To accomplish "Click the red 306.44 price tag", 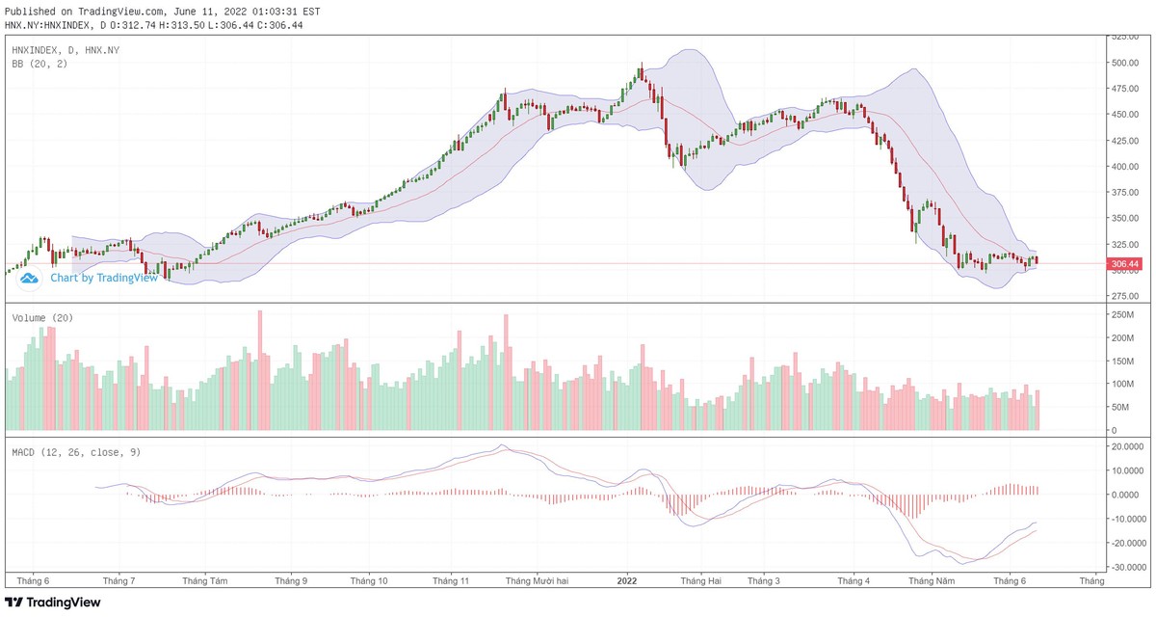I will tap(1124, 264).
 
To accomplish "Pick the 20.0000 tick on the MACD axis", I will tap(1127, 447).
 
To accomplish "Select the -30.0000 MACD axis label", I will tap(1127, 567).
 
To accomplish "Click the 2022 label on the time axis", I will tap(627, 581).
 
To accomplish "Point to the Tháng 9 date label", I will tap(291, 581).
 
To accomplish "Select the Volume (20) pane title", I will tap(42, 317).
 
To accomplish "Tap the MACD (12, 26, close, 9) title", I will tap(75, 452).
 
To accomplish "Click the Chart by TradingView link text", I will tap(103, 278).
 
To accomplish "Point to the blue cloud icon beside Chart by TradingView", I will tap(29, 278).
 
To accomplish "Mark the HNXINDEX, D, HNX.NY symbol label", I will tap(66, 49).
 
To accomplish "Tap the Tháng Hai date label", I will tap(700, 581).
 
